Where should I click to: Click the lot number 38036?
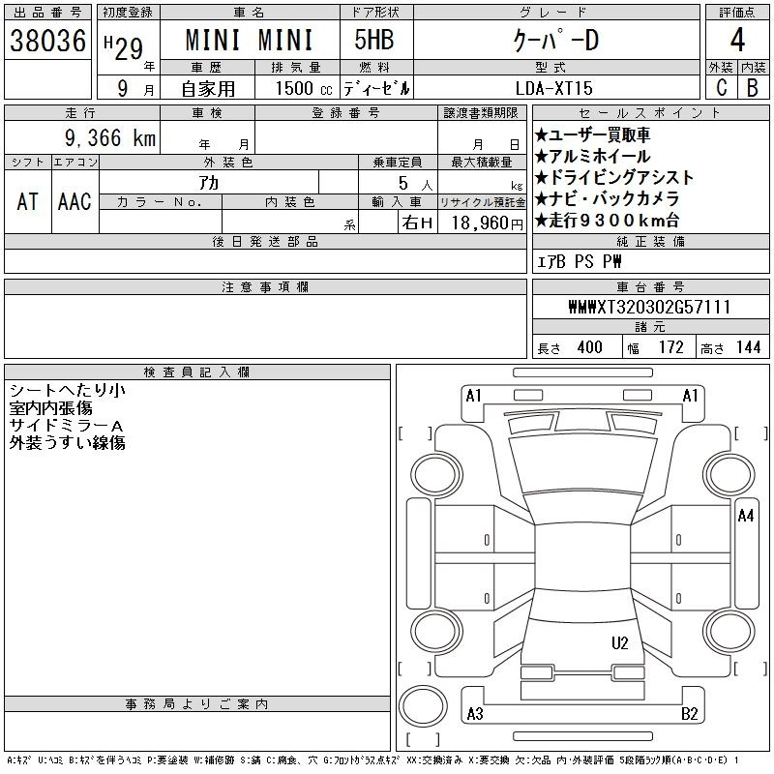[47, 41]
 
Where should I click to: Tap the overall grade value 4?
[737, 40]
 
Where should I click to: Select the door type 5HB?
[374, 40]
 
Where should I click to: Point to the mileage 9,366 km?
[110, 137]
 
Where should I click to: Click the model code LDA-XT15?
[553, 88]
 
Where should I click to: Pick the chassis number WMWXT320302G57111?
[649, 307]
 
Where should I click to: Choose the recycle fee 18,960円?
[488, 223]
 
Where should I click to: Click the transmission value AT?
[28, 201]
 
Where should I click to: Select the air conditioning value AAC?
[75, 201]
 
